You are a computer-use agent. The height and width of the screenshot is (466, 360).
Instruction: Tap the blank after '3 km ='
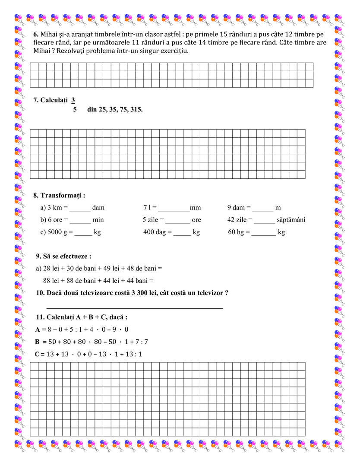(x=80, y=208)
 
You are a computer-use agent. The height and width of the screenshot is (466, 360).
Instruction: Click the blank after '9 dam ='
(x=263, y=208)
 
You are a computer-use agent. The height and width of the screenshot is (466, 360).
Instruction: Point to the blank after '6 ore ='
(x=80, y=220)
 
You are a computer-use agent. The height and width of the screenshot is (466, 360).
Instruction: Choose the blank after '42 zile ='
(x=264, y=220)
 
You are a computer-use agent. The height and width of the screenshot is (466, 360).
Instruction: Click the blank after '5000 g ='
(x=83, y=233)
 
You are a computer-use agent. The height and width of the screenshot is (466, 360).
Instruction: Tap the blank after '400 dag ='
(x=182, y=233)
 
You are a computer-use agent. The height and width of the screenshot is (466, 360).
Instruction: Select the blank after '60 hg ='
(x=264, y=233)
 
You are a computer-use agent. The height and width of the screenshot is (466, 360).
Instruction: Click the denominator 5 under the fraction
(x=75, y=110)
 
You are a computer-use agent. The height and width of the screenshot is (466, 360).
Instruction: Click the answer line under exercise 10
(x=134, y=307)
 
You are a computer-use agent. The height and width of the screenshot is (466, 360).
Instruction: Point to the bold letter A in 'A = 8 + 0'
(x=38, y=330)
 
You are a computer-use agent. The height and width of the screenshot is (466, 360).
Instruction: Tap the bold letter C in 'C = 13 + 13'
(x=38, y=354)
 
